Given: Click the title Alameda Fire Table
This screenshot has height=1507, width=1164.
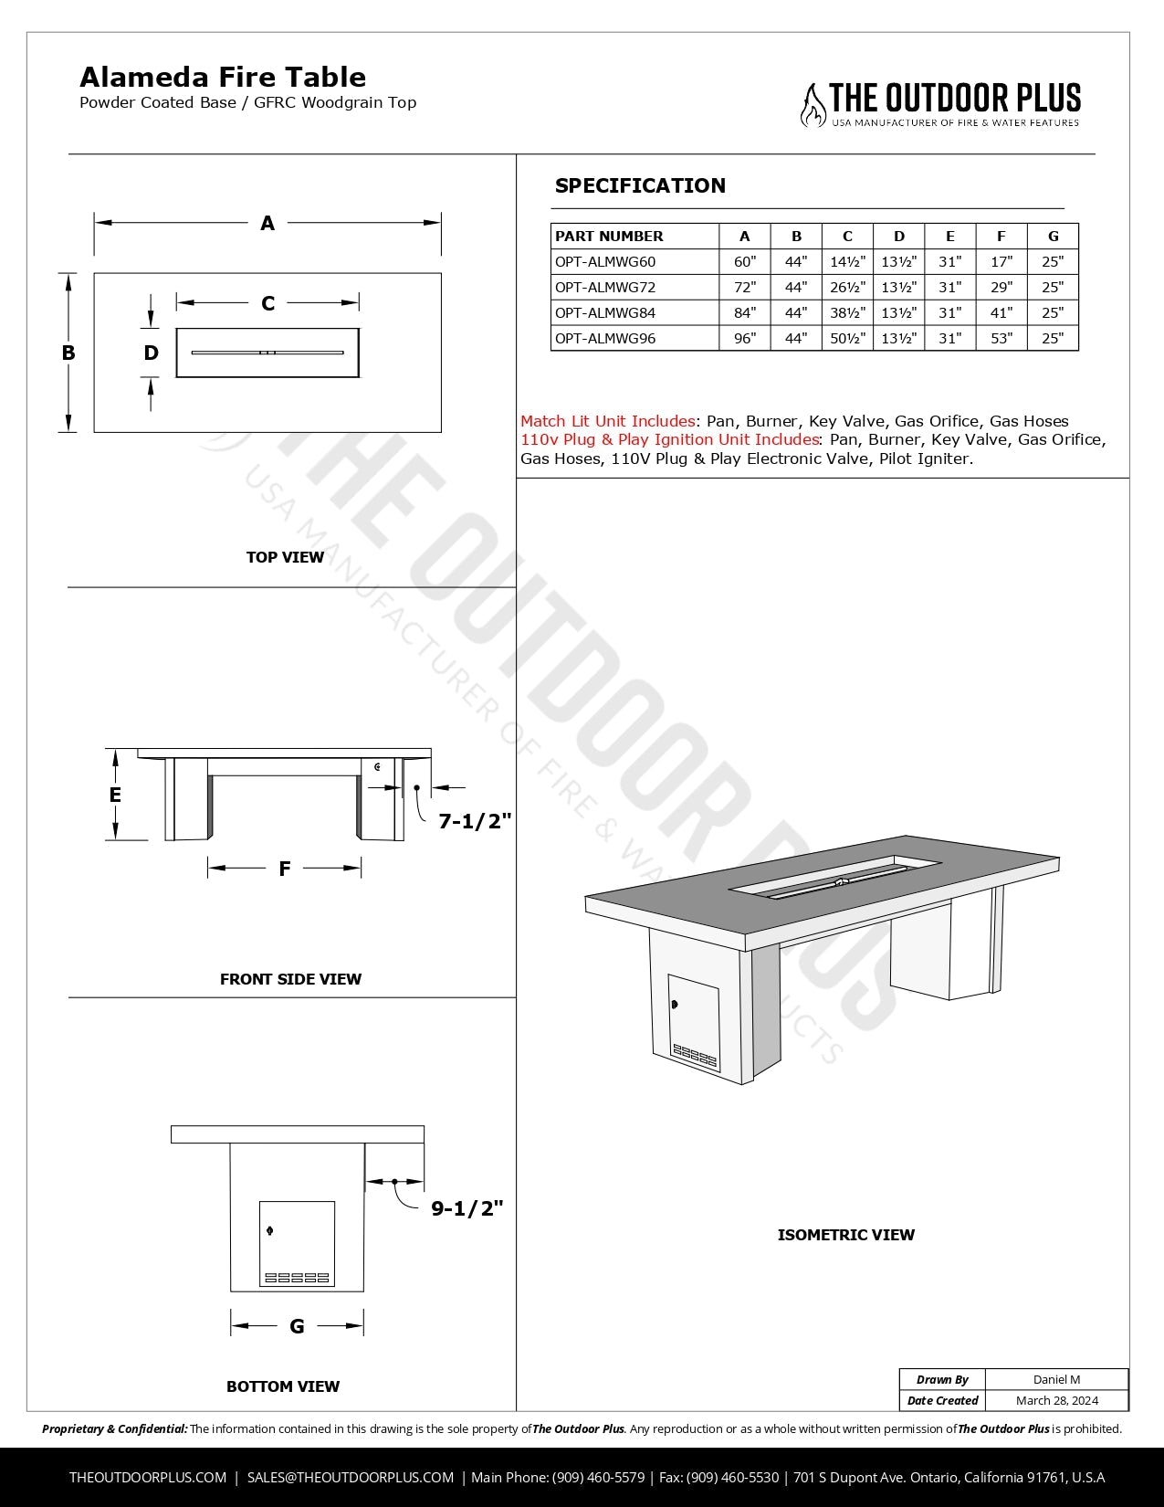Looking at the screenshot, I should point(223,78).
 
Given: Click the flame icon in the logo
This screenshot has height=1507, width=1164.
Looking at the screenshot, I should point(812,106).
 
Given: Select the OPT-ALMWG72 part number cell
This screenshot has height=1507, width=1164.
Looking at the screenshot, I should point(605,287).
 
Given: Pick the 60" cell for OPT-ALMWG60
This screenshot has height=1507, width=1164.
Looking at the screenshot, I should point(745,261).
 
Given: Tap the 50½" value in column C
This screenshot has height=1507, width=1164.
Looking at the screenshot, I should point(847,338).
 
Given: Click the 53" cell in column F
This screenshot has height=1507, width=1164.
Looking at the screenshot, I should point(1001,338).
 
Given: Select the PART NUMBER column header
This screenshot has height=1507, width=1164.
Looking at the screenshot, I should point(609,236).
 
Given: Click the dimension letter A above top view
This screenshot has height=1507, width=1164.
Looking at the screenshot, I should point(267,223).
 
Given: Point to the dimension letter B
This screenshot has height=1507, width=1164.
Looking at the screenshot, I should point(68,353).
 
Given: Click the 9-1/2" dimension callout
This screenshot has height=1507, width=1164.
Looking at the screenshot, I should point(467,1208).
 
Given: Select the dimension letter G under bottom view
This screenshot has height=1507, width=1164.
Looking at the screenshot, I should point(297,1326).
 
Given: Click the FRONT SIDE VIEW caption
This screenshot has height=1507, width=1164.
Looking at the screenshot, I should point(290,979).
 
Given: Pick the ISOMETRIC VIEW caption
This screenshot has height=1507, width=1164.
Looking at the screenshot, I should point(845,1235).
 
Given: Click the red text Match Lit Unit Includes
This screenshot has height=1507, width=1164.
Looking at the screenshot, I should point(607,421).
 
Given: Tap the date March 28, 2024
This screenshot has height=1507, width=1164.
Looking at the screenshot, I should point(1057,1400).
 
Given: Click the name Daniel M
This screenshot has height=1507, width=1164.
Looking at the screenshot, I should point(1057,1379).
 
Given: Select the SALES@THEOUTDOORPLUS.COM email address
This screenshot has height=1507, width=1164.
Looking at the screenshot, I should point(351,1477).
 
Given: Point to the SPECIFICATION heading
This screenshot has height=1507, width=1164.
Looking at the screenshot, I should point(640,185).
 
